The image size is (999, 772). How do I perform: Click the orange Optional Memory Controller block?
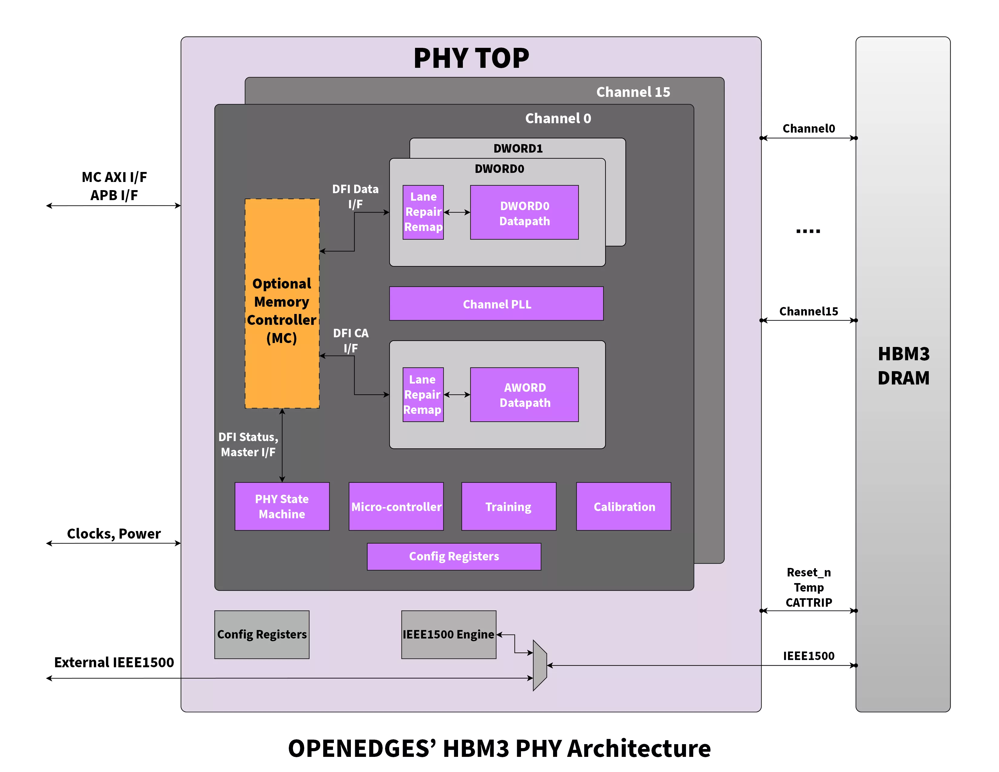(x=282, y=303)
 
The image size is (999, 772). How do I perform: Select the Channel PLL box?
(x=496, y=304)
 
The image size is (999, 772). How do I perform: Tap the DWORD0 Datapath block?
(x=524, y=212)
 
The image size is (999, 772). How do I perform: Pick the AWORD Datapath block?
(x=524, y=395)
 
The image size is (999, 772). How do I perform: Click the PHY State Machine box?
(x=282, y=506)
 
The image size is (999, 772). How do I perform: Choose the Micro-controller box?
(x=396, y=506)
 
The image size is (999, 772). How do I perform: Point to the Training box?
(x=509, y=506)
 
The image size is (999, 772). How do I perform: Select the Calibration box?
(x=623, y=506)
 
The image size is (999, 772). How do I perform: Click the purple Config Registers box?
(x=454, y=556)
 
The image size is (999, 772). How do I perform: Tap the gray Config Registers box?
(x=262, y=634)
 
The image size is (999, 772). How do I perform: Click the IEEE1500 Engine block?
(x=449, y=634)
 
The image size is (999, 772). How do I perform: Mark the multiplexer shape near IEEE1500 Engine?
(x=540, y=665)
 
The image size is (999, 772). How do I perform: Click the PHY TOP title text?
(x=471, y=58)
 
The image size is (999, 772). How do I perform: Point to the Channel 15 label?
(x=633, y=92)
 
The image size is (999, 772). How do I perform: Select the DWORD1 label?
(x=518, y=149)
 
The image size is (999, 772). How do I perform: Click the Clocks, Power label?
(x=114, y=534)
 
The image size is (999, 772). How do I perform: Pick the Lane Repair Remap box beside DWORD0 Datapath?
(x=423, y=212)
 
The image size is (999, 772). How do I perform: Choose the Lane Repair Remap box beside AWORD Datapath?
(x=423, y=395)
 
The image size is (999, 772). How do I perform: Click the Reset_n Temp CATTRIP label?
(x=808, y=587)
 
